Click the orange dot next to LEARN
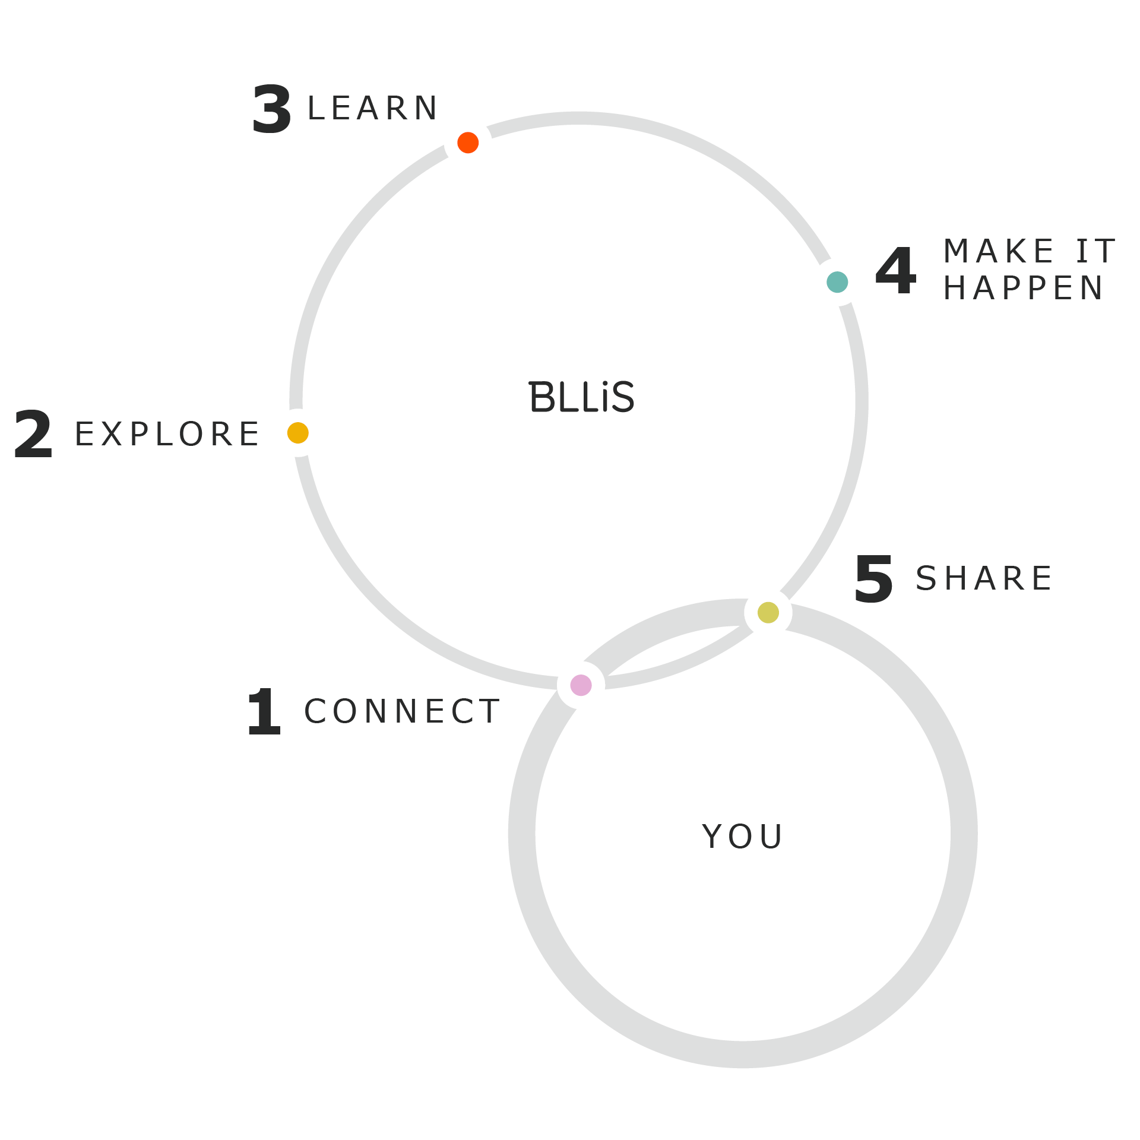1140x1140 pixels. (468, 142)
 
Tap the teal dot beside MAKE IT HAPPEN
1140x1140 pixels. (837, 282)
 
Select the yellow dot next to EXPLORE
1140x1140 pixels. (298, 433)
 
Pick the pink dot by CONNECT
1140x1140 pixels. (581, 685)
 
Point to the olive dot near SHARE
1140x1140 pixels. (768, 613)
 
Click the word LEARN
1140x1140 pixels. (373, 109)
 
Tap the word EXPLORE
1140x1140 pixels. (167, 434)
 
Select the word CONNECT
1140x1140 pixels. (402, 711)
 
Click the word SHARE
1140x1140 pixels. (984, 578)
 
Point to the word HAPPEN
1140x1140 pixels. (1023, 289)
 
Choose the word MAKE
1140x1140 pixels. (999, 251)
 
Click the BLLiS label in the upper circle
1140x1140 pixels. (581, 397)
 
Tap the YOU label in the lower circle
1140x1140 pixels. (742, 837)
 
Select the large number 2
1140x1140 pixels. (33, 434)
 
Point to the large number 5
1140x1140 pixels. (873, 579)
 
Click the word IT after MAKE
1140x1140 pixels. (1096, 251)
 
